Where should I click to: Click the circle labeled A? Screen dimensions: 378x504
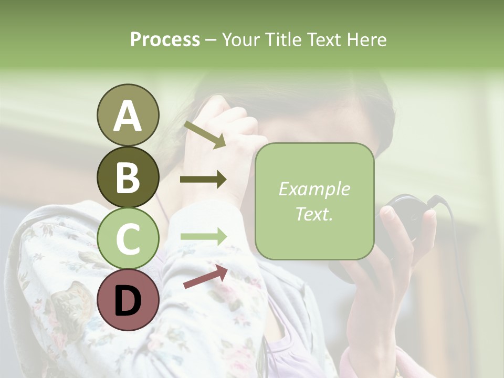[x=128, y=115]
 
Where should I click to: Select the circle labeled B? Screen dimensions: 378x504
[x=128, y=177]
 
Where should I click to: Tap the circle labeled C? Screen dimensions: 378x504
[x=128, y=238]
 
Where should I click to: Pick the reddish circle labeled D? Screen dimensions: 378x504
[x=128, y=300]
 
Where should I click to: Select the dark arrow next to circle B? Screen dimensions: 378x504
[x=203, y=180]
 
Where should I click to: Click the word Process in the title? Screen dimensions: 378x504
[x=165, y=40]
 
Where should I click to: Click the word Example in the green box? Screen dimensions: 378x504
[x=314, y=189]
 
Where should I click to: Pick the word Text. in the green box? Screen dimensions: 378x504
[x=314, y=214]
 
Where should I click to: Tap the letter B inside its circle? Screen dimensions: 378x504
[x=128, y=177]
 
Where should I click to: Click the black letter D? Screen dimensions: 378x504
[x=128, y=300]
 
